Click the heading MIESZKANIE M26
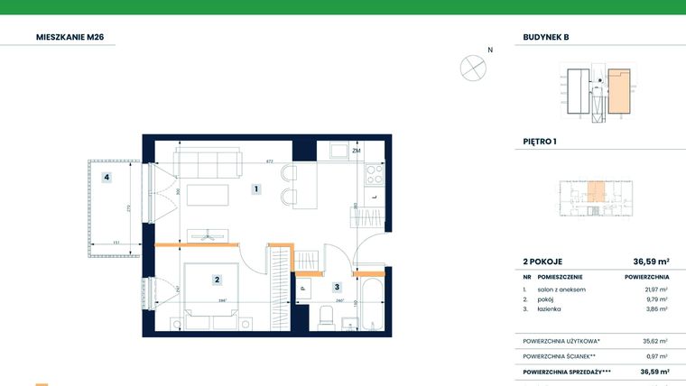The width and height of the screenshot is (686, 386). pyautogui.click(x=76, y=37)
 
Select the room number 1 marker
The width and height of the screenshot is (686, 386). pyautogui.click(x=256, y=189)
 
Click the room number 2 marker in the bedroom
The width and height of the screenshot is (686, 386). pyautogui.click(x=218, y=280)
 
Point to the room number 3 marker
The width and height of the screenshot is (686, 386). pyautogui.click(x=337, y=288)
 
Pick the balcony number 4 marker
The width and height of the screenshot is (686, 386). pyautogui.click(x=107, y=178)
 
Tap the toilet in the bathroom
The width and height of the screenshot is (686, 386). pyautogui.click(x=328, y=317)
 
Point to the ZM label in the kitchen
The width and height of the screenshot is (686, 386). pyautogui.click(x=357, y=152)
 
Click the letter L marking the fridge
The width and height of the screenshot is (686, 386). pyautogui.click(x=374, y=196)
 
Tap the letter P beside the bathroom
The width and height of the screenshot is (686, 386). pyautogui.click(x=303, y=289)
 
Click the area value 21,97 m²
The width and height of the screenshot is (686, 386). pyautogui.click(x=656, y=289)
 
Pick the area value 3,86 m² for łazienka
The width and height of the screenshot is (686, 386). pyautogui.click(x=656, y=309)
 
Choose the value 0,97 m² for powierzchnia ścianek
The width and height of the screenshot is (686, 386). pyautogui.click(x=656, y=356)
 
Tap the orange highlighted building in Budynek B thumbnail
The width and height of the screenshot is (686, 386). pyautogui.click(x=617, y=91)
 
